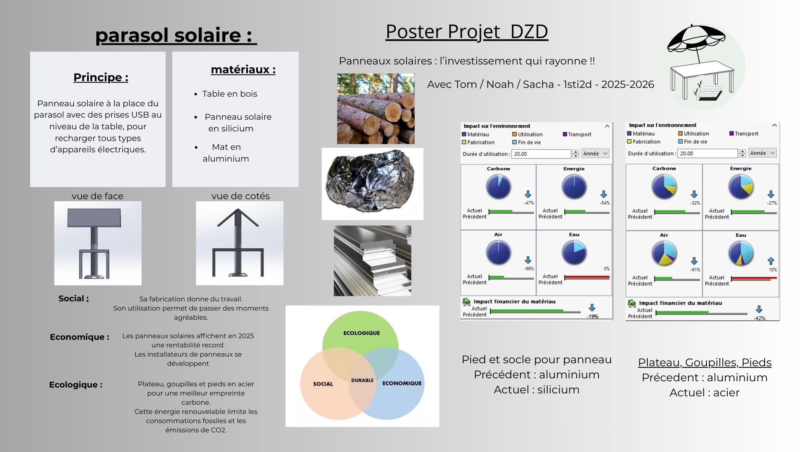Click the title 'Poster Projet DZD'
pyautogui.click(x=466, y=32)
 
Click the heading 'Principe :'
pyautogui.click(x=100, y=77)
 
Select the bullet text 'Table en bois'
pyautogui.click(x=229, y=94)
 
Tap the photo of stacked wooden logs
pyautogui.click(x=376, y=109)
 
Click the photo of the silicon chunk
pyautogui.click(x=372, y=184)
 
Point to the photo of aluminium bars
pyautogui.click(x=372, y=261)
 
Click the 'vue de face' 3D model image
pyautogui.click(x=98, y=243)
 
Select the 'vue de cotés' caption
pyautogui.click(x=240, y=196)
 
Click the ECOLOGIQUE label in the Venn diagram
pyautogui.click(x=361, y=333)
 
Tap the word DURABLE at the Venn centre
pyautogui.click(x=362, y=380)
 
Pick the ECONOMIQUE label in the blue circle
pyautogui.click(x=402, y=383)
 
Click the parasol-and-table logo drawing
pyautogui.click(x=702, y=67)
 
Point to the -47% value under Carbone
pyautogui.click(x=528, y=203)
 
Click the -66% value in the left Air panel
pyautogui.click(x=529, y=269)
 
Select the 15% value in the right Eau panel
pyautogui.click(x=773, y=270)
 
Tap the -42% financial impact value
pyautogui.click(x=760, y=318)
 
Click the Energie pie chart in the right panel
pyautogui.click(x=741, y=186)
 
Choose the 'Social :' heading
pyautogui.click(x=73, y=299)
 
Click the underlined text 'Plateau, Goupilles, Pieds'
pyautogui.click(x=704, y=362)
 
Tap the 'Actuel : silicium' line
pyautogui.click(x=536, y=390)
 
